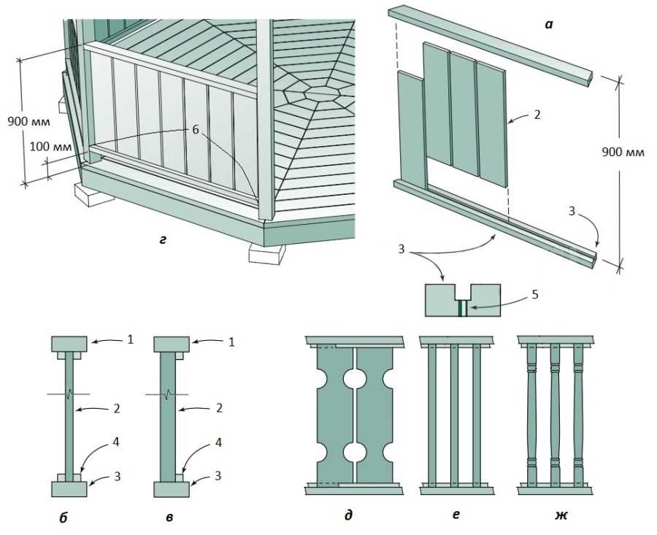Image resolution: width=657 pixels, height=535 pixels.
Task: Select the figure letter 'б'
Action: click(x=65, y=518)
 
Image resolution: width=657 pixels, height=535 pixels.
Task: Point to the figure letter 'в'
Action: click(x=169, y=518)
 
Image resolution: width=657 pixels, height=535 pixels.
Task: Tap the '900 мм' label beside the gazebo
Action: click(x=26, y=120)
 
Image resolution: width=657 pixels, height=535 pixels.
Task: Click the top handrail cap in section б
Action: click(x=69, y=343)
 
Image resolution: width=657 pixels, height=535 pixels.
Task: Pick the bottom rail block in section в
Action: click(x=172, y=488)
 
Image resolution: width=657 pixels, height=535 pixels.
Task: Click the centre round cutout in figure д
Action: click(x=355, y=381)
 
